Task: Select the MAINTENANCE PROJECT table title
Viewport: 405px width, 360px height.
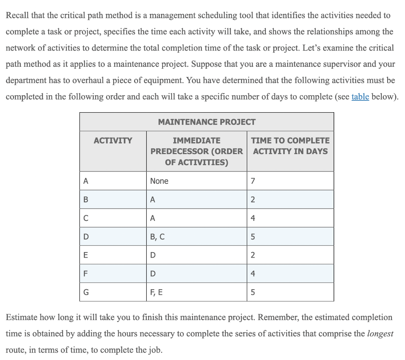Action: point(206,122)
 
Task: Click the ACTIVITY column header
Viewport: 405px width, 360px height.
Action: point(113,141)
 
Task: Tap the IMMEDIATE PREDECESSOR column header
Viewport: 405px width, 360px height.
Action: point(197,151)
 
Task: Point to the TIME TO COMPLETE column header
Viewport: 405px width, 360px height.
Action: point(290,146)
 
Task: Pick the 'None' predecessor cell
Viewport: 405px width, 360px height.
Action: point(159,181)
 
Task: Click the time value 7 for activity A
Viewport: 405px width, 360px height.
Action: point(253,181)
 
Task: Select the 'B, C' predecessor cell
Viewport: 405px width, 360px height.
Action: point(157,237)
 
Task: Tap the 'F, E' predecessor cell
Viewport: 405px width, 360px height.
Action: point(157,292)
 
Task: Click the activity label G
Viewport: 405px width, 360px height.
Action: point(86,292)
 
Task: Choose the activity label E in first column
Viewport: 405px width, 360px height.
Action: point(85,255)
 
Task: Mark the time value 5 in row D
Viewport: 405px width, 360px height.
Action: point(253,237)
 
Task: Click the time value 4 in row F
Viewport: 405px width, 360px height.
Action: point(253,274)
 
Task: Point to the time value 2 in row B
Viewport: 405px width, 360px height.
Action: point(253,200)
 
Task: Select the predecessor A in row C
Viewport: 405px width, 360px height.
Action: point(153,218)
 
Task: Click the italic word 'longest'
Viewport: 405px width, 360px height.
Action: point(380,334)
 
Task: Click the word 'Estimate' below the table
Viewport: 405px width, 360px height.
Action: point(22,317)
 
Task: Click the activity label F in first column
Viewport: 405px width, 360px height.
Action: point(85,274)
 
